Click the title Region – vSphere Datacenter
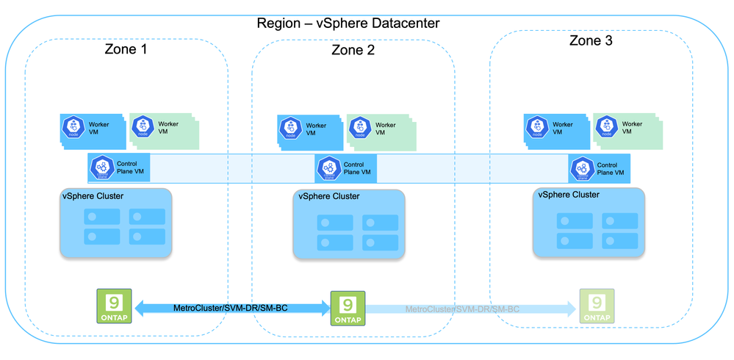click(348, 23)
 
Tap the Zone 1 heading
click(126, 49)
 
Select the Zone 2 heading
click(353, 50)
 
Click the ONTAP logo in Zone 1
click(114, 305)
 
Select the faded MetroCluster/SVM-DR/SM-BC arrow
click(463, 309)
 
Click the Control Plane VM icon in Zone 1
click(101, 168)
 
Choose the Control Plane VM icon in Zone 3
click(582, 169)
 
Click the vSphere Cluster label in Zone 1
click(92, 196)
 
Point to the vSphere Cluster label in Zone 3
click(569, 195)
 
